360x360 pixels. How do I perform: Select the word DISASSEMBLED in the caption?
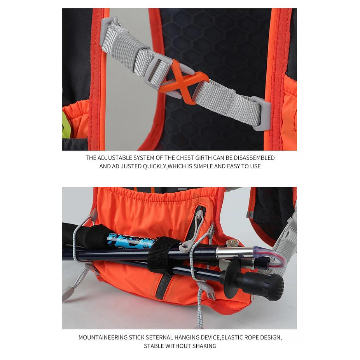tap(254, 158)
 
